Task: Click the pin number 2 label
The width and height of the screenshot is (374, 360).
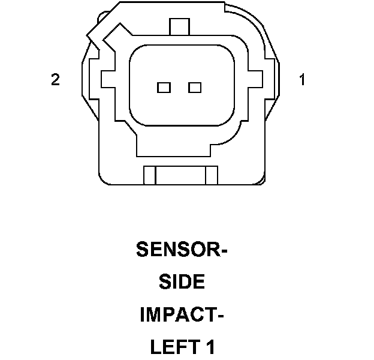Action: [x=55, y=80]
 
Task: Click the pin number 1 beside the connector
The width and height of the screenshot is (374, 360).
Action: [x=302, y=80]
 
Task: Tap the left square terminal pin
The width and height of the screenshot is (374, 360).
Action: [x=164, y=88]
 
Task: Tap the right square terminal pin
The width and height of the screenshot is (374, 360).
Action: [x=194, y=88]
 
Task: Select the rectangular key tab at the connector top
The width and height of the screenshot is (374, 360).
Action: [x=179, y=27]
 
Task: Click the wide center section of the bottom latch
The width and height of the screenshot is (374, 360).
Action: [x=180, y=175]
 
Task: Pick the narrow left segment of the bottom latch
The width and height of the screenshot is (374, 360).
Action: [x=150, y=175]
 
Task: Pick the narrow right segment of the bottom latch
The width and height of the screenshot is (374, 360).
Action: [x=210, y=175]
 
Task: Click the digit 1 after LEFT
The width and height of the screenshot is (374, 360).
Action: [x=210, y=347]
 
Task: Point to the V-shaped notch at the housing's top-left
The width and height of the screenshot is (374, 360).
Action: [x=98, y=37]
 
